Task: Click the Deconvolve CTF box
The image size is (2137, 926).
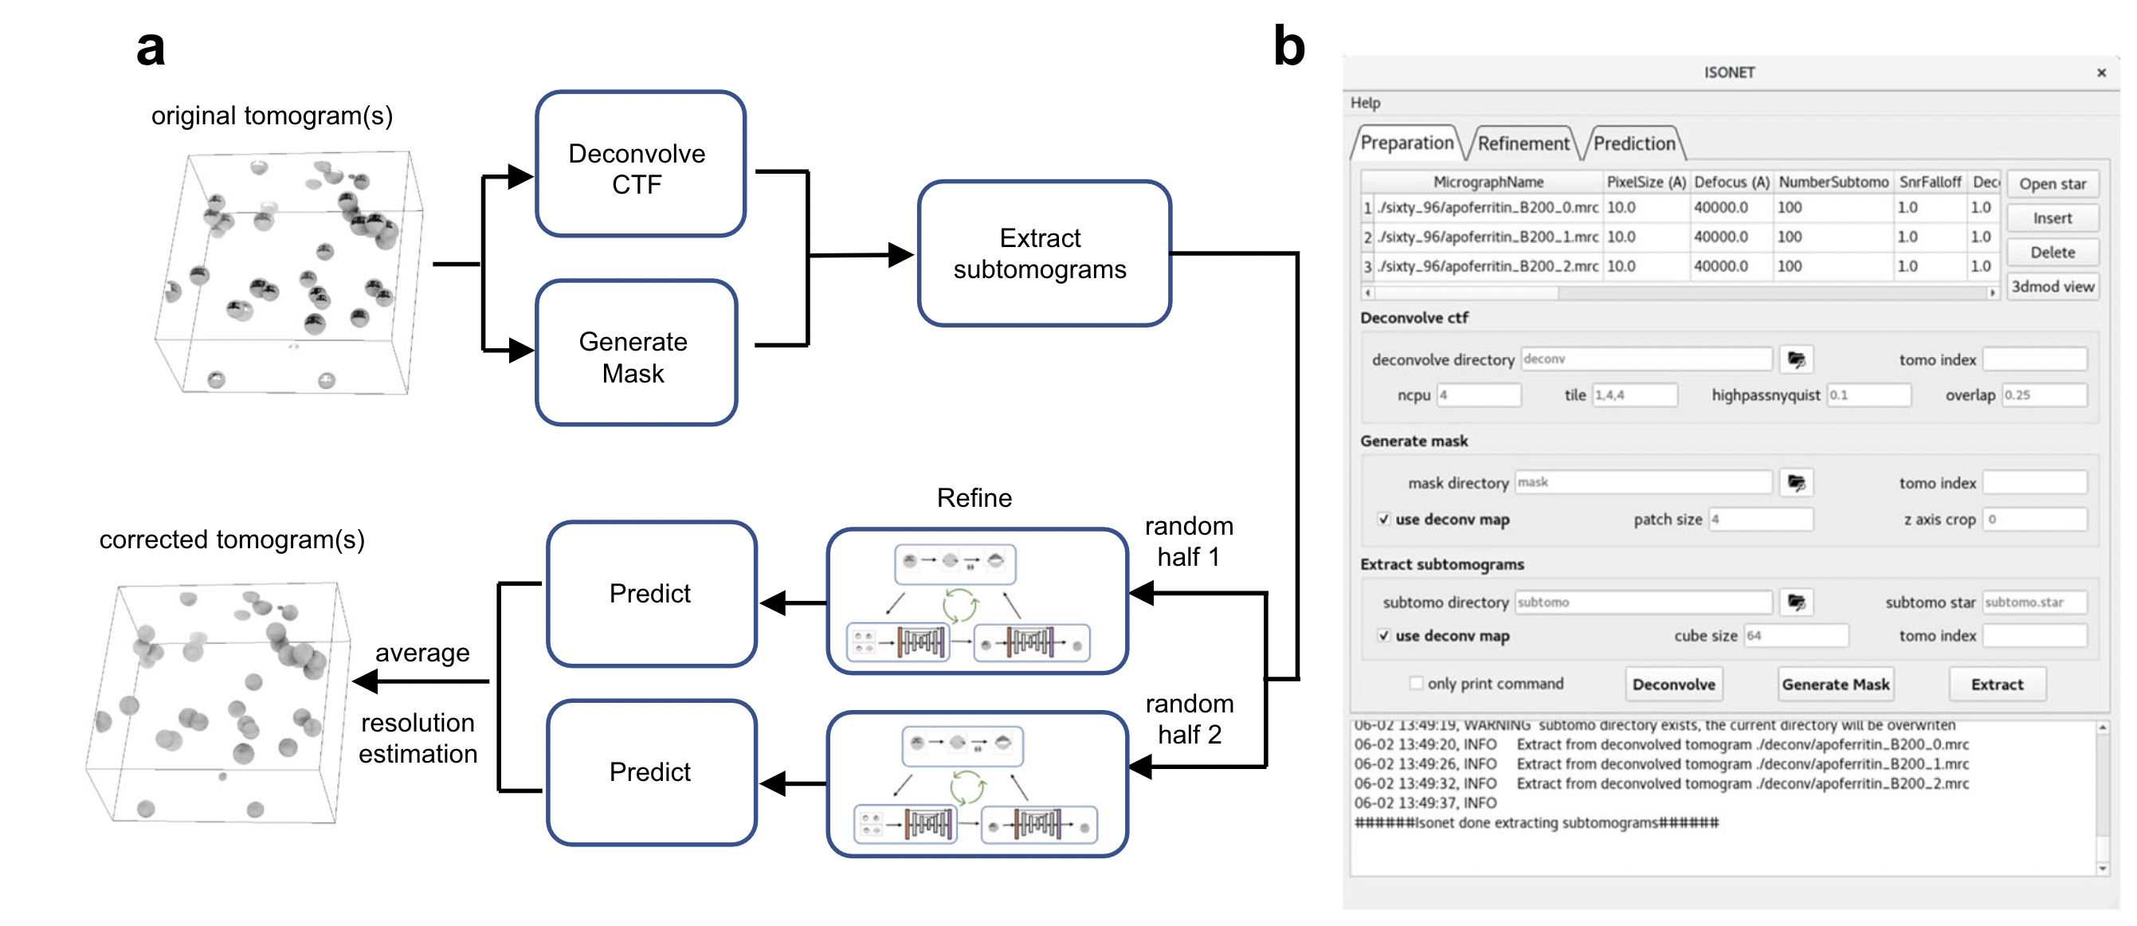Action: pyautogui.click(x=640, y=164)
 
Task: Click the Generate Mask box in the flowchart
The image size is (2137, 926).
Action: pyautogui.click(x=636, y=354)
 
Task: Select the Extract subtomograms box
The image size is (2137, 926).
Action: pyautogui.click(x=1043, y=253)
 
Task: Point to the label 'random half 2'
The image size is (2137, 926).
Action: pyautogui.click(x=1189, y=719)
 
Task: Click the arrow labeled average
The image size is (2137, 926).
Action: pyautogui.click(x=422, y=681)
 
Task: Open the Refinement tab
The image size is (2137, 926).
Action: pyautogui.click(x=1523, y=143)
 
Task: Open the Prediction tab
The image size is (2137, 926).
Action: pyautogui.click(x=1633, y=143)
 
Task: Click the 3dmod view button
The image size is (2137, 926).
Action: pyautogui.click(x=2052, y=286)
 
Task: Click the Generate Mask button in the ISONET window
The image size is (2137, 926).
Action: pyautogui.click(x=1835, y=685)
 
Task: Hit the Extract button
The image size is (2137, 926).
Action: pyautogui.click(x=1996, y=685)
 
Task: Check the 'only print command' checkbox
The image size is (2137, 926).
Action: pyautogui.click(x=1416, y=683)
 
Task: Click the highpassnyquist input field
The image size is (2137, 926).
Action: pyautogui.click(x=1868, y=395)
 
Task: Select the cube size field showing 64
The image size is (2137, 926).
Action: pyautogui.click(x=1795, y=636)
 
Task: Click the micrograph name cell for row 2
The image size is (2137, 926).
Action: pyautogui.click(x=1488, y=237)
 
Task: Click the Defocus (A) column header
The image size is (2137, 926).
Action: pyautogui.click(x=1731, y=182)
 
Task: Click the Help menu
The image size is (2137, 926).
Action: pyautogui.click(x=1365, y=103)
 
